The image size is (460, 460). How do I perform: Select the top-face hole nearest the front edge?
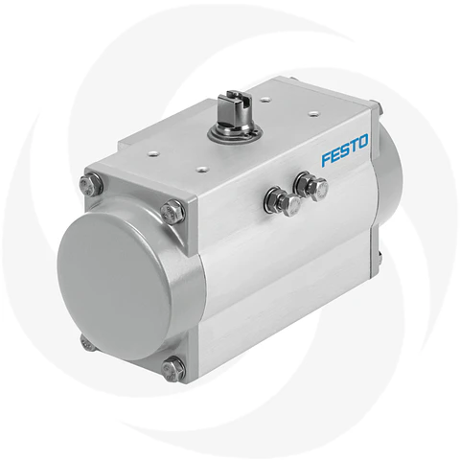point(203,167)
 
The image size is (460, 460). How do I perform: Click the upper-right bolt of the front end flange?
point(172,210)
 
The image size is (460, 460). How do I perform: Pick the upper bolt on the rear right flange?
point(377,108)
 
